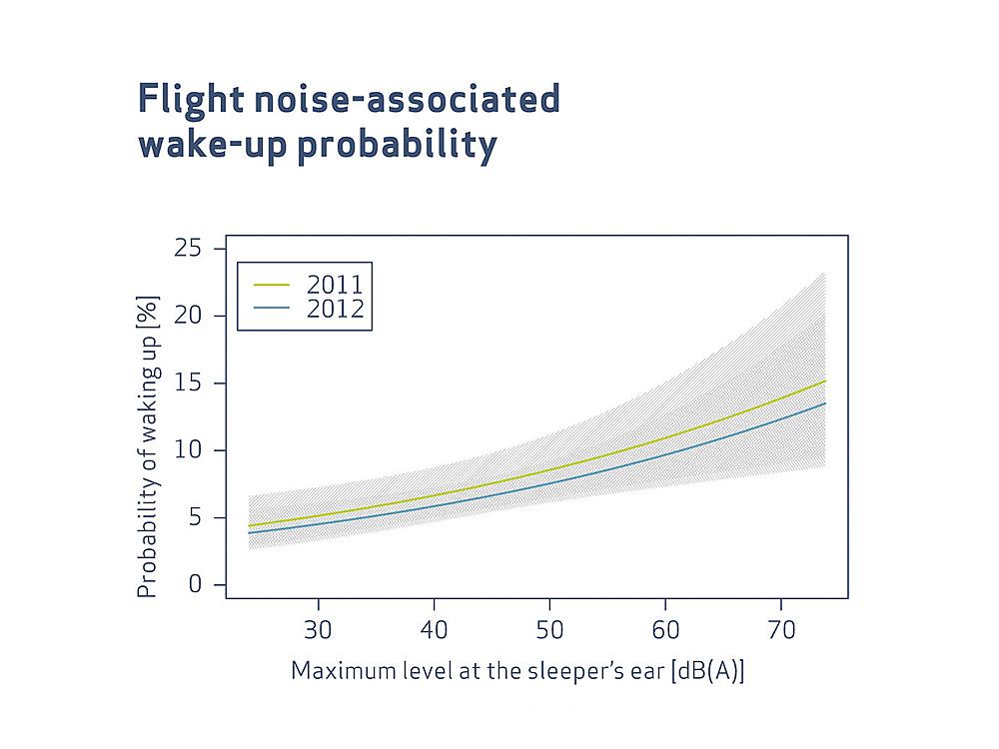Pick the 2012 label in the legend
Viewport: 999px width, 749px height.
(335, 312)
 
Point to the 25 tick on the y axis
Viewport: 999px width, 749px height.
(189, 249)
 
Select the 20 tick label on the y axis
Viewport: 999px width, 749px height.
(189, 316)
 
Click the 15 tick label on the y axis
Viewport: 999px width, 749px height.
(189, 383)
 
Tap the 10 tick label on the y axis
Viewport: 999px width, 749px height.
(189, 450)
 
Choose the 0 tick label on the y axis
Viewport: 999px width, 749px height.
(195, 584)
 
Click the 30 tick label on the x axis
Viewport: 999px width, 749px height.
(318, 630)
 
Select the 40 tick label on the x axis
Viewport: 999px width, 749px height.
(434, 630)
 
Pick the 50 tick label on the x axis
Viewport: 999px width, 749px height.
(549, 630)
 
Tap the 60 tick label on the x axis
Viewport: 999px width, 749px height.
(665, 630)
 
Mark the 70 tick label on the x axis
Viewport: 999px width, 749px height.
(781, 630)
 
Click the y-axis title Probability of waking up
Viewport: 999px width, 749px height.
(148, 454)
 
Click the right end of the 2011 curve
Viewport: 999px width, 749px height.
(825, 380)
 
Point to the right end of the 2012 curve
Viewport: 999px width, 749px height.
(825, 403)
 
